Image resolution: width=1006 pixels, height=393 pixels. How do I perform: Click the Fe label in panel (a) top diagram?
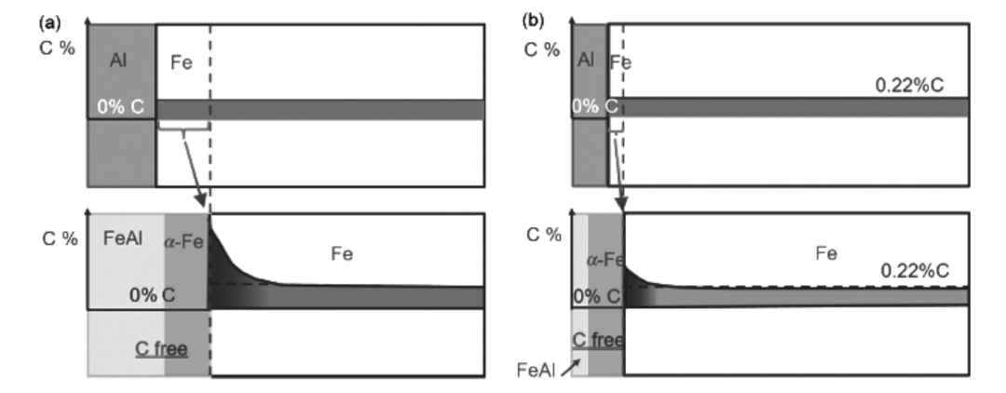pos(182,63)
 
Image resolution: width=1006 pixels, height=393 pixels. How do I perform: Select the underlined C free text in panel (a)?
pos(162,350)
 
